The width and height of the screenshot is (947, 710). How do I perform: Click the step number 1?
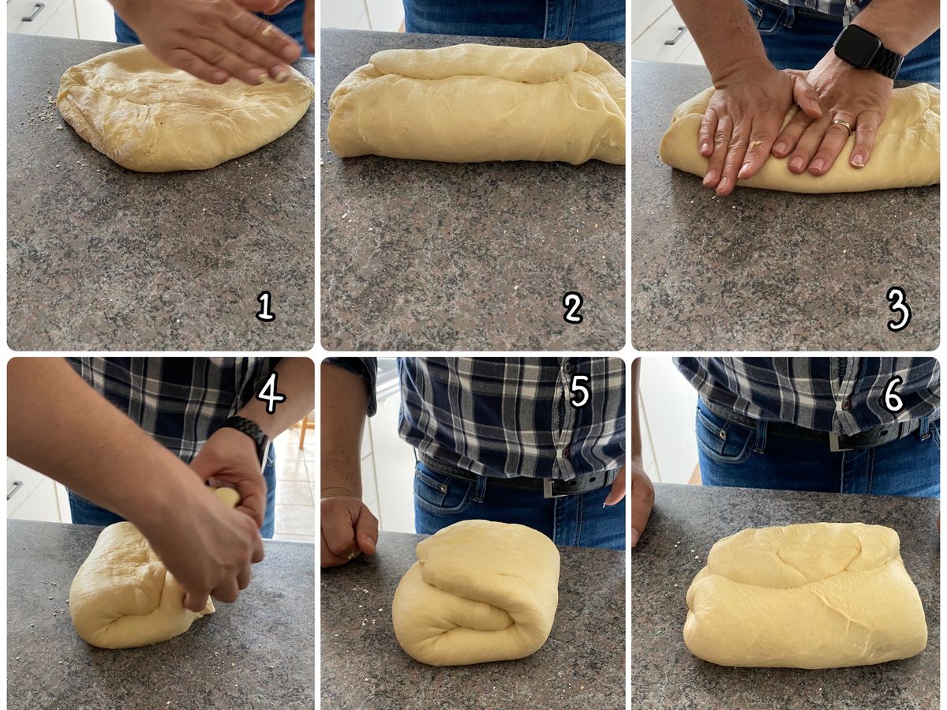point(265,306)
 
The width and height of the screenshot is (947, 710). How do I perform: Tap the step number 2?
point(573,308)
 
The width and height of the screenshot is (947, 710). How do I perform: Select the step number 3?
point(898,310)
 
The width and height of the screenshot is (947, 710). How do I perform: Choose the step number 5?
point(579,391)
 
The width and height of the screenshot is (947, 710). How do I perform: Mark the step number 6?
point(893,396)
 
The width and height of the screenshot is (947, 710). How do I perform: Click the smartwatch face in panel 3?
point(853,47)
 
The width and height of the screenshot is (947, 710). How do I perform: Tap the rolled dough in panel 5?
point(476,592)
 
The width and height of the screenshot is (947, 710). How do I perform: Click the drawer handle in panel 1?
point(33,11)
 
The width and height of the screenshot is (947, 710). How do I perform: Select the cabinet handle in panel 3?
point(676,36)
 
